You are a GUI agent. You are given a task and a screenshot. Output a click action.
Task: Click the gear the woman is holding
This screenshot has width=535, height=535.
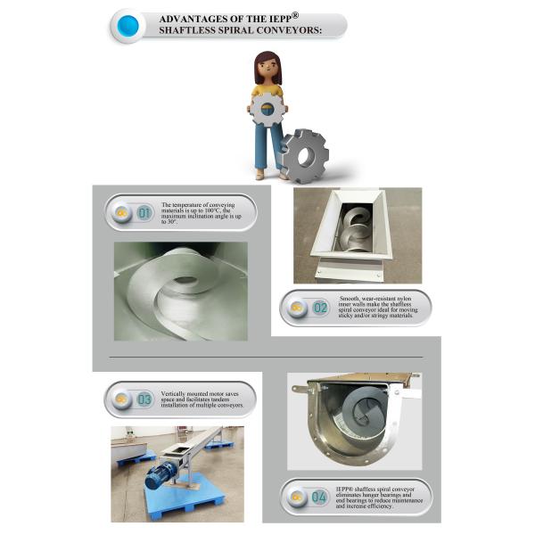click(267, 110)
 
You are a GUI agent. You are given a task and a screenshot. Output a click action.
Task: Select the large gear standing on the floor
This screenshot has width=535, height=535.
click(304, 156)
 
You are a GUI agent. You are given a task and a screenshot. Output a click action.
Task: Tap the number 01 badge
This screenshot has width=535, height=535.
click(144, 213)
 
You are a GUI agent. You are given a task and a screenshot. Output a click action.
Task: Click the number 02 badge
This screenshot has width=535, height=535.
click(321, 308)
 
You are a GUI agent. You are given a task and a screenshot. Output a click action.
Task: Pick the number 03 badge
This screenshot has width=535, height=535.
click(144, 399)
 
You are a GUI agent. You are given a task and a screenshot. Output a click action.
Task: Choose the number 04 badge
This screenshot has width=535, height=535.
click(318, 497)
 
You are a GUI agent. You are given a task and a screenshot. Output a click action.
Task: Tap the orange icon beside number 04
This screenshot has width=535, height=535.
click(297, 497)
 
